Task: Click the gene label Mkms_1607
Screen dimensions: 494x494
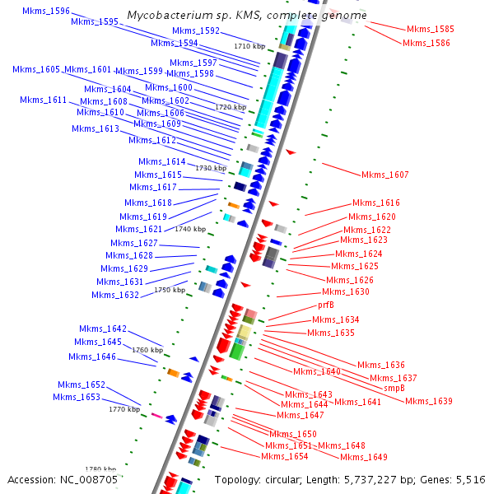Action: coord(384,175)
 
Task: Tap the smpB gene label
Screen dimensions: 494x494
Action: coord(394,388)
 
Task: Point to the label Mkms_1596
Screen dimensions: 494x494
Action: coord(46,12)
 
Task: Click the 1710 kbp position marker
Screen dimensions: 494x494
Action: coord(249,47)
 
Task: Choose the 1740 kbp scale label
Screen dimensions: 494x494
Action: coord(190,229)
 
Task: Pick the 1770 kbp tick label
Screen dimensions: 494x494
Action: coord(124,409)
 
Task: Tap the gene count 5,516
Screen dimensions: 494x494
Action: coord(468,479)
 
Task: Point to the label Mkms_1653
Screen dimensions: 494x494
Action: coord(77,398)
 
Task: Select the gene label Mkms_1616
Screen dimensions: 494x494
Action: coord(376,203)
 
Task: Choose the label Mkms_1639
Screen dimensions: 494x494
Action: coord(429,401)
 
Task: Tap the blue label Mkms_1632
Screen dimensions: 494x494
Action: coord(115,295)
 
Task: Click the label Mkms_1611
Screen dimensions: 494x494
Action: coord(44,100)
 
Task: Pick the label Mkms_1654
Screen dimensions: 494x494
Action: coord(285,456)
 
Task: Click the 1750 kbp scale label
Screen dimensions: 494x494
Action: coord(170,290)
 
